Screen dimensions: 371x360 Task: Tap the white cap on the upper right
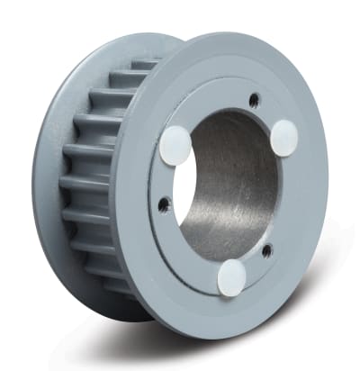coord(284,137)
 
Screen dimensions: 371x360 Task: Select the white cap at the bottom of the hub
coord(233,276)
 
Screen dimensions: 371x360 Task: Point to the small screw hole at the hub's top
coord(255,99)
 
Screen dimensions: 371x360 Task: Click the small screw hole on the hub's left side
coord(162,205)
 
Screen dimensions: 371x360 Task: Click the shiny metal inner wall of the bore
coord(238,189)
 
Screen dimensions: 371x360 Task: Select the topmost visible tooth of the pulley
coord(144,65)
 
